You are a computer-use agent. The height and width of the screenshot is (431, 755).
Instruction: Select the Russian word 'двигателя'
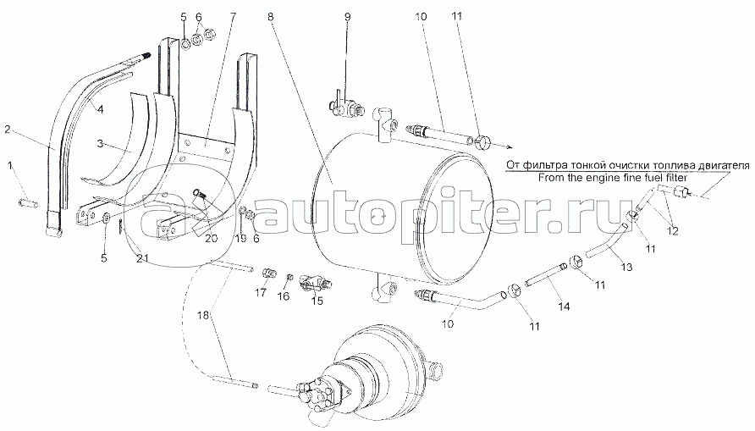tap(676, 164)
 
